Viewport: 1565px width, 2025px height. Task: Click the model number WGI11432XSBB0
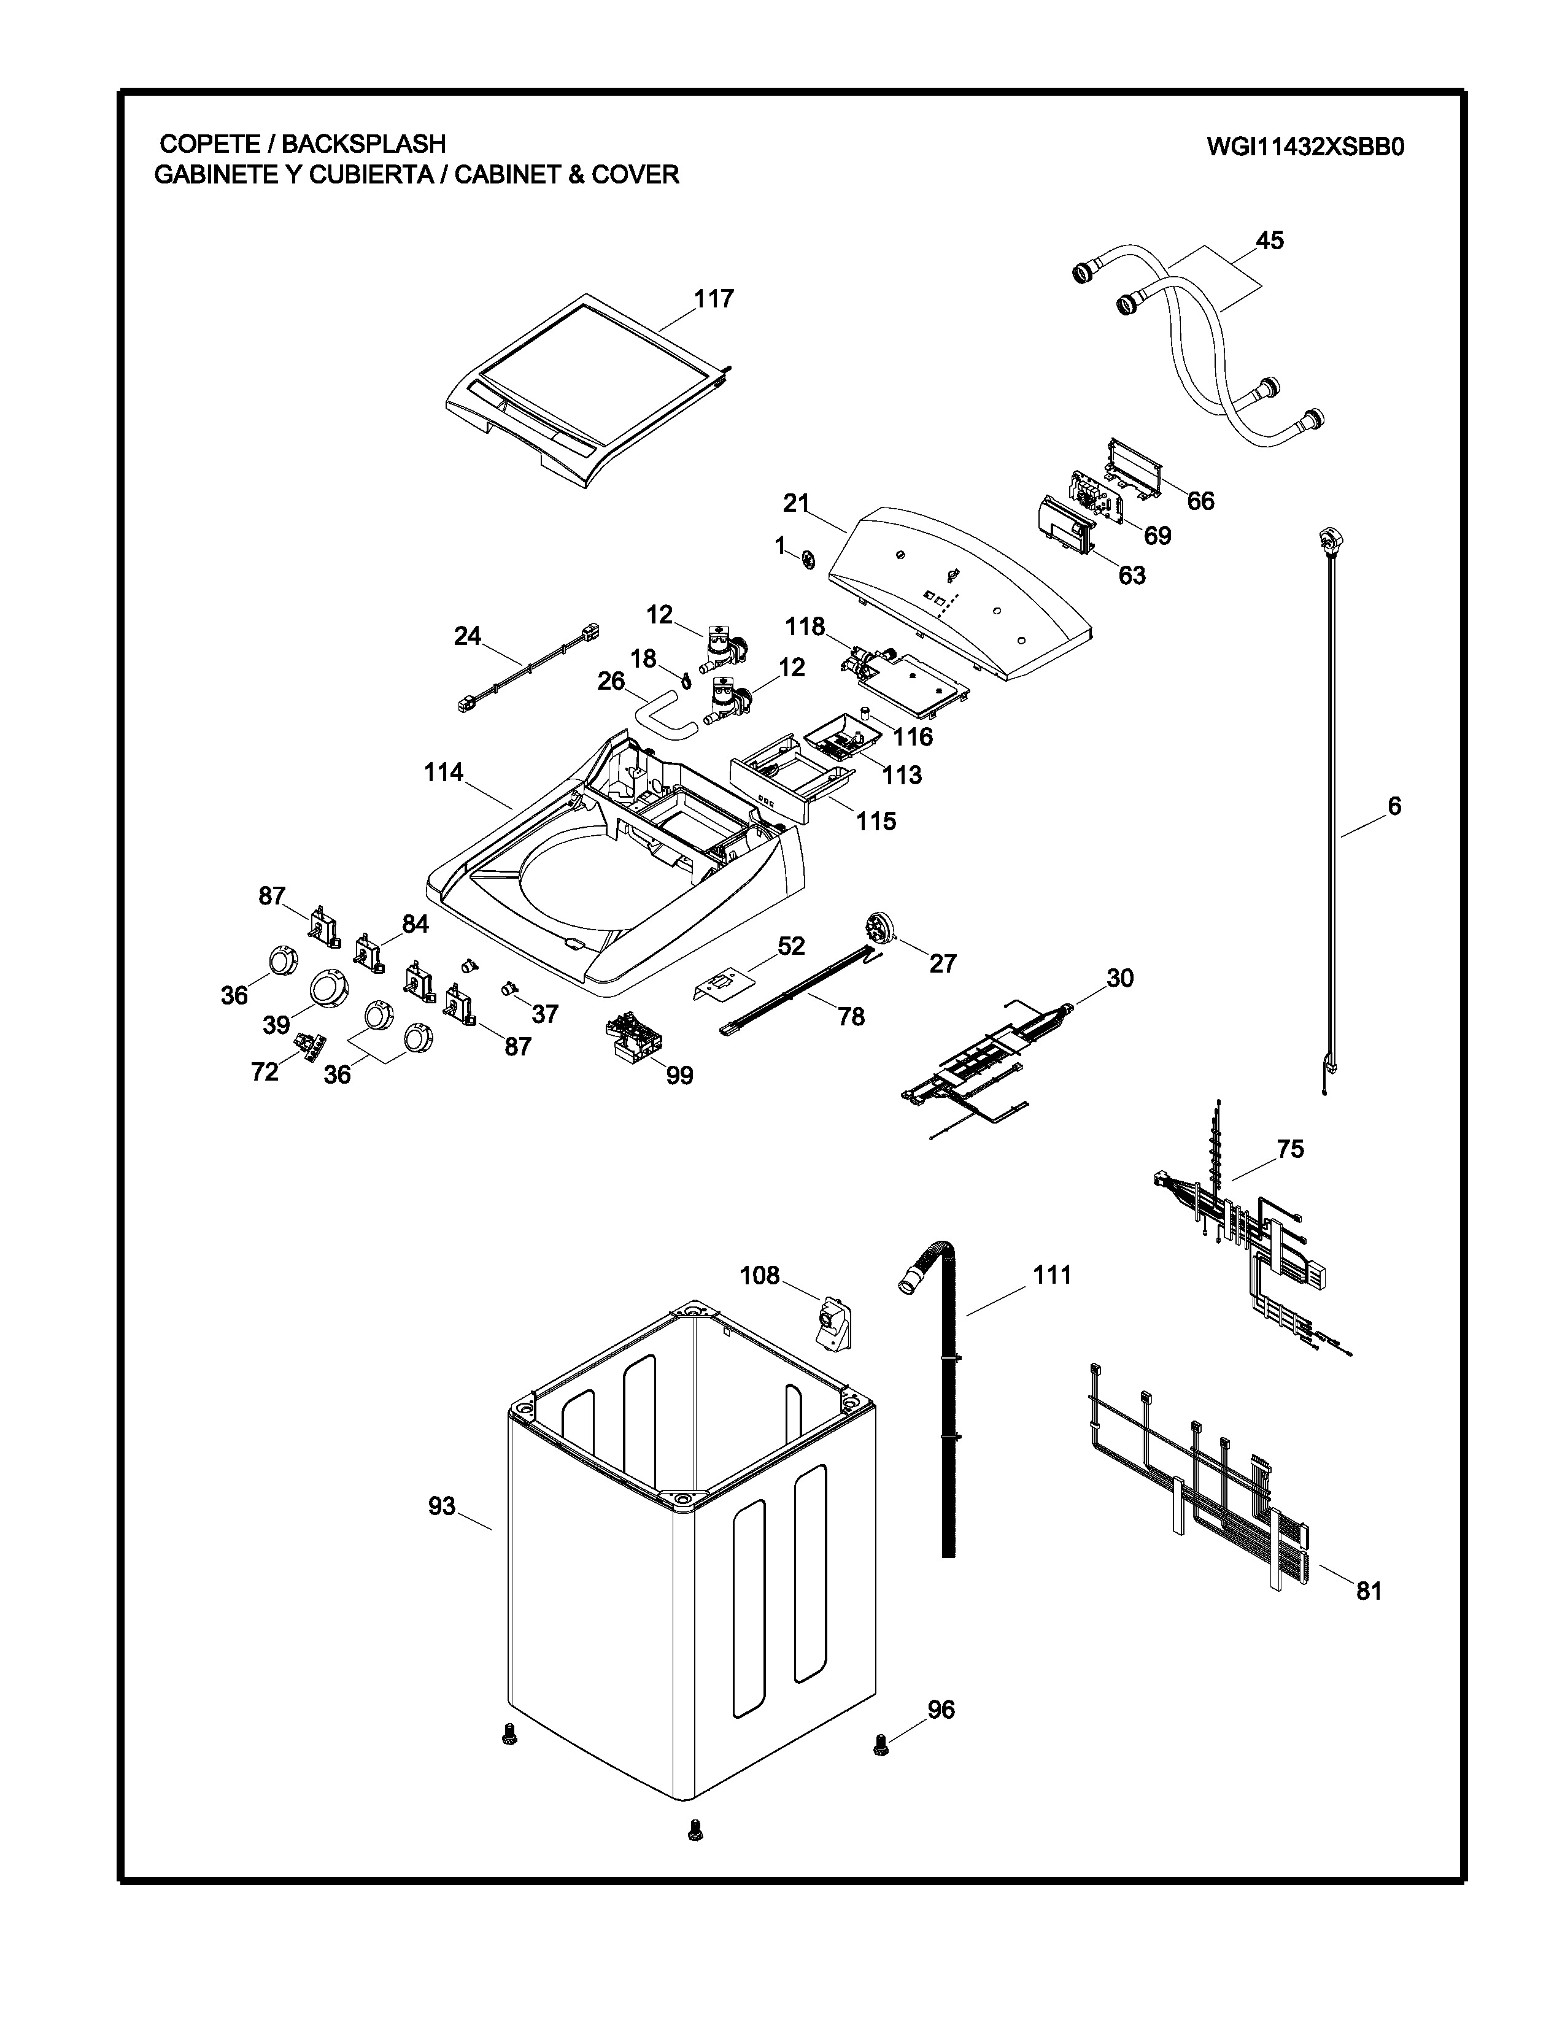tap(1305, 147)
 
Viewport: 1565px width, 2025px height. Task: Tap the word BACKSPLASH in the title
tap(363, 144)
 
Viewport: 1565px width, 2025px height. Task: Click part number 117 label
tap(714, 299)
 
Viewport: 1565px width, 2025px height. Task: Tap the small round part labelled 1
tap(808, 559)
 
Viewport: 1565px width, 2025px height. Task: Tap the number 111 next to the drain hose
tap(1053, 1275)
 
